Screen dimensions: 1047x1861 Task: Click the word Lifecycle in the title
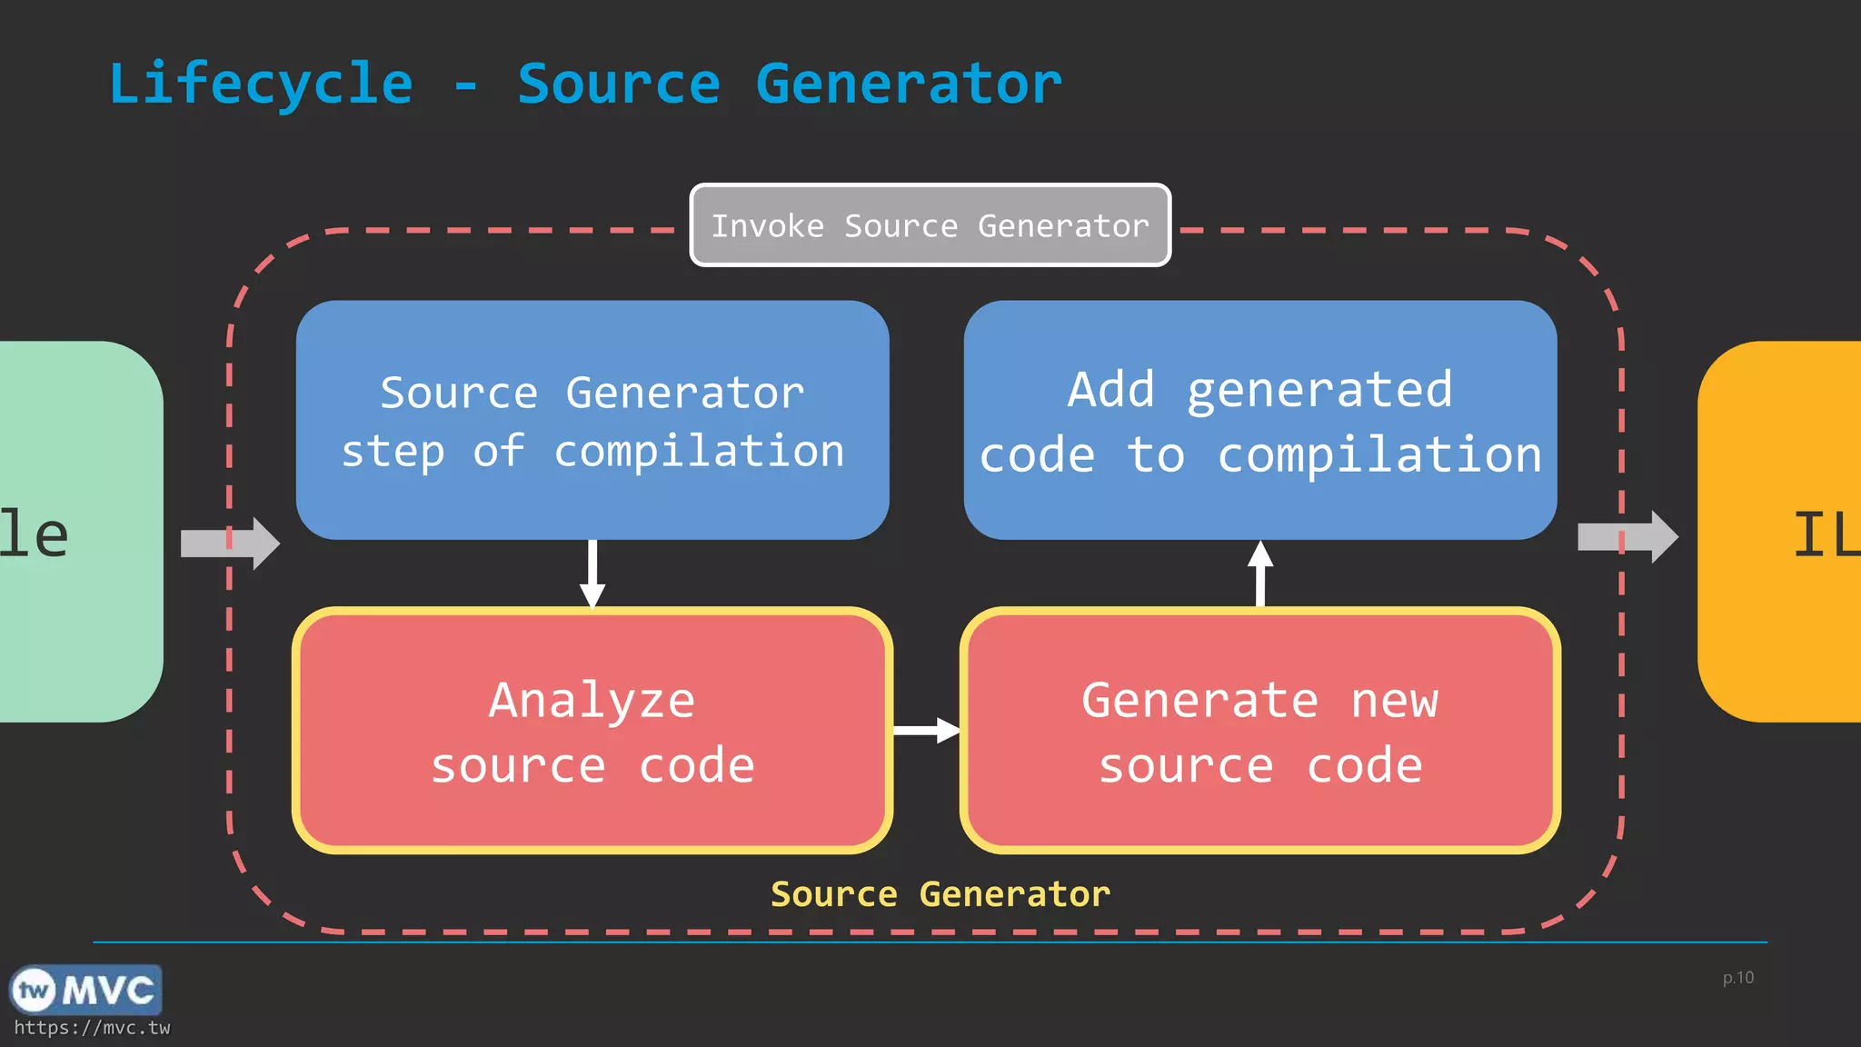click(x=261, y=85)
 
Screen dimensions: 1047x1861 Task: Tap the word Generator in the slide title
click(x=908, y=85)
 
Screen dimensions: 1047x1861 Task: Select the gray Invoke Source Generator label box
click(x=930, y=225)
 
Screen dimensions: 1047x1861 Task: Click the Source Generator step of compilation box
click(x=592, y=420)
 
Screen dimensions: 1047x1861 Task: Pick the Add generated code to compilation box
click(x=1259, y=420)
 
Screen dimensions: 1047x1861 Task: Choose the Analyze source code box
click(x=592, y=731)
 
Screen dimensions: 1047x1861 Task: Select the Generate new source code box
click(x=1259, y=731)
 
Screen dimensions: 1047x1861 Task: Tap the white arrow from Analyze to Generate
click(x=926, y=730)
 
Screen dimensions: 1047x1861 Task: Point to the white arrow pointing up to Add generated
click(x=1259, y=573)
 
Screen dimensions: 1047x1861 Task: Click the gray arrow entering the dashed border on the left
click(x=230, y=543)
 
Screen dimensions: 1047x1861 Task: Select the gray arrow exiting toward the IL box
click(x=1627, y=537)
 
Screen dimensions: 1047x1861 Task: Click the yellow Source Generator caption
click(x=940, y=894)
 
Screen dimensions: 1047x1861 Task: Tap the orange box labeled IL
click(x=1781, y=533)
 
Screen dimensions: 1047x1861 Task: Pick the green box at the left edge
click(x=77, y=533)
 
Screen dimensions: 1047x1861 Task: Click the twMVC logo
click(x=85, y=990)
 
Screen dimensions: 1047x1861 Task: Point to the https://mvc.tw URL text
click(x=92, y=1028)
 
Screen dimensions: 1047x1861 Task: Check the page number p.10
click(x=1737, y=978)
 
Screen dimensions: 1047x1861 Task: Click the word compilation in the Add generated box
click(x=1378, y=454)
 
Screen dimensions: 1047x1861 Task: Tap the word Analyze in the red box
click(x=592, y=701)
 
